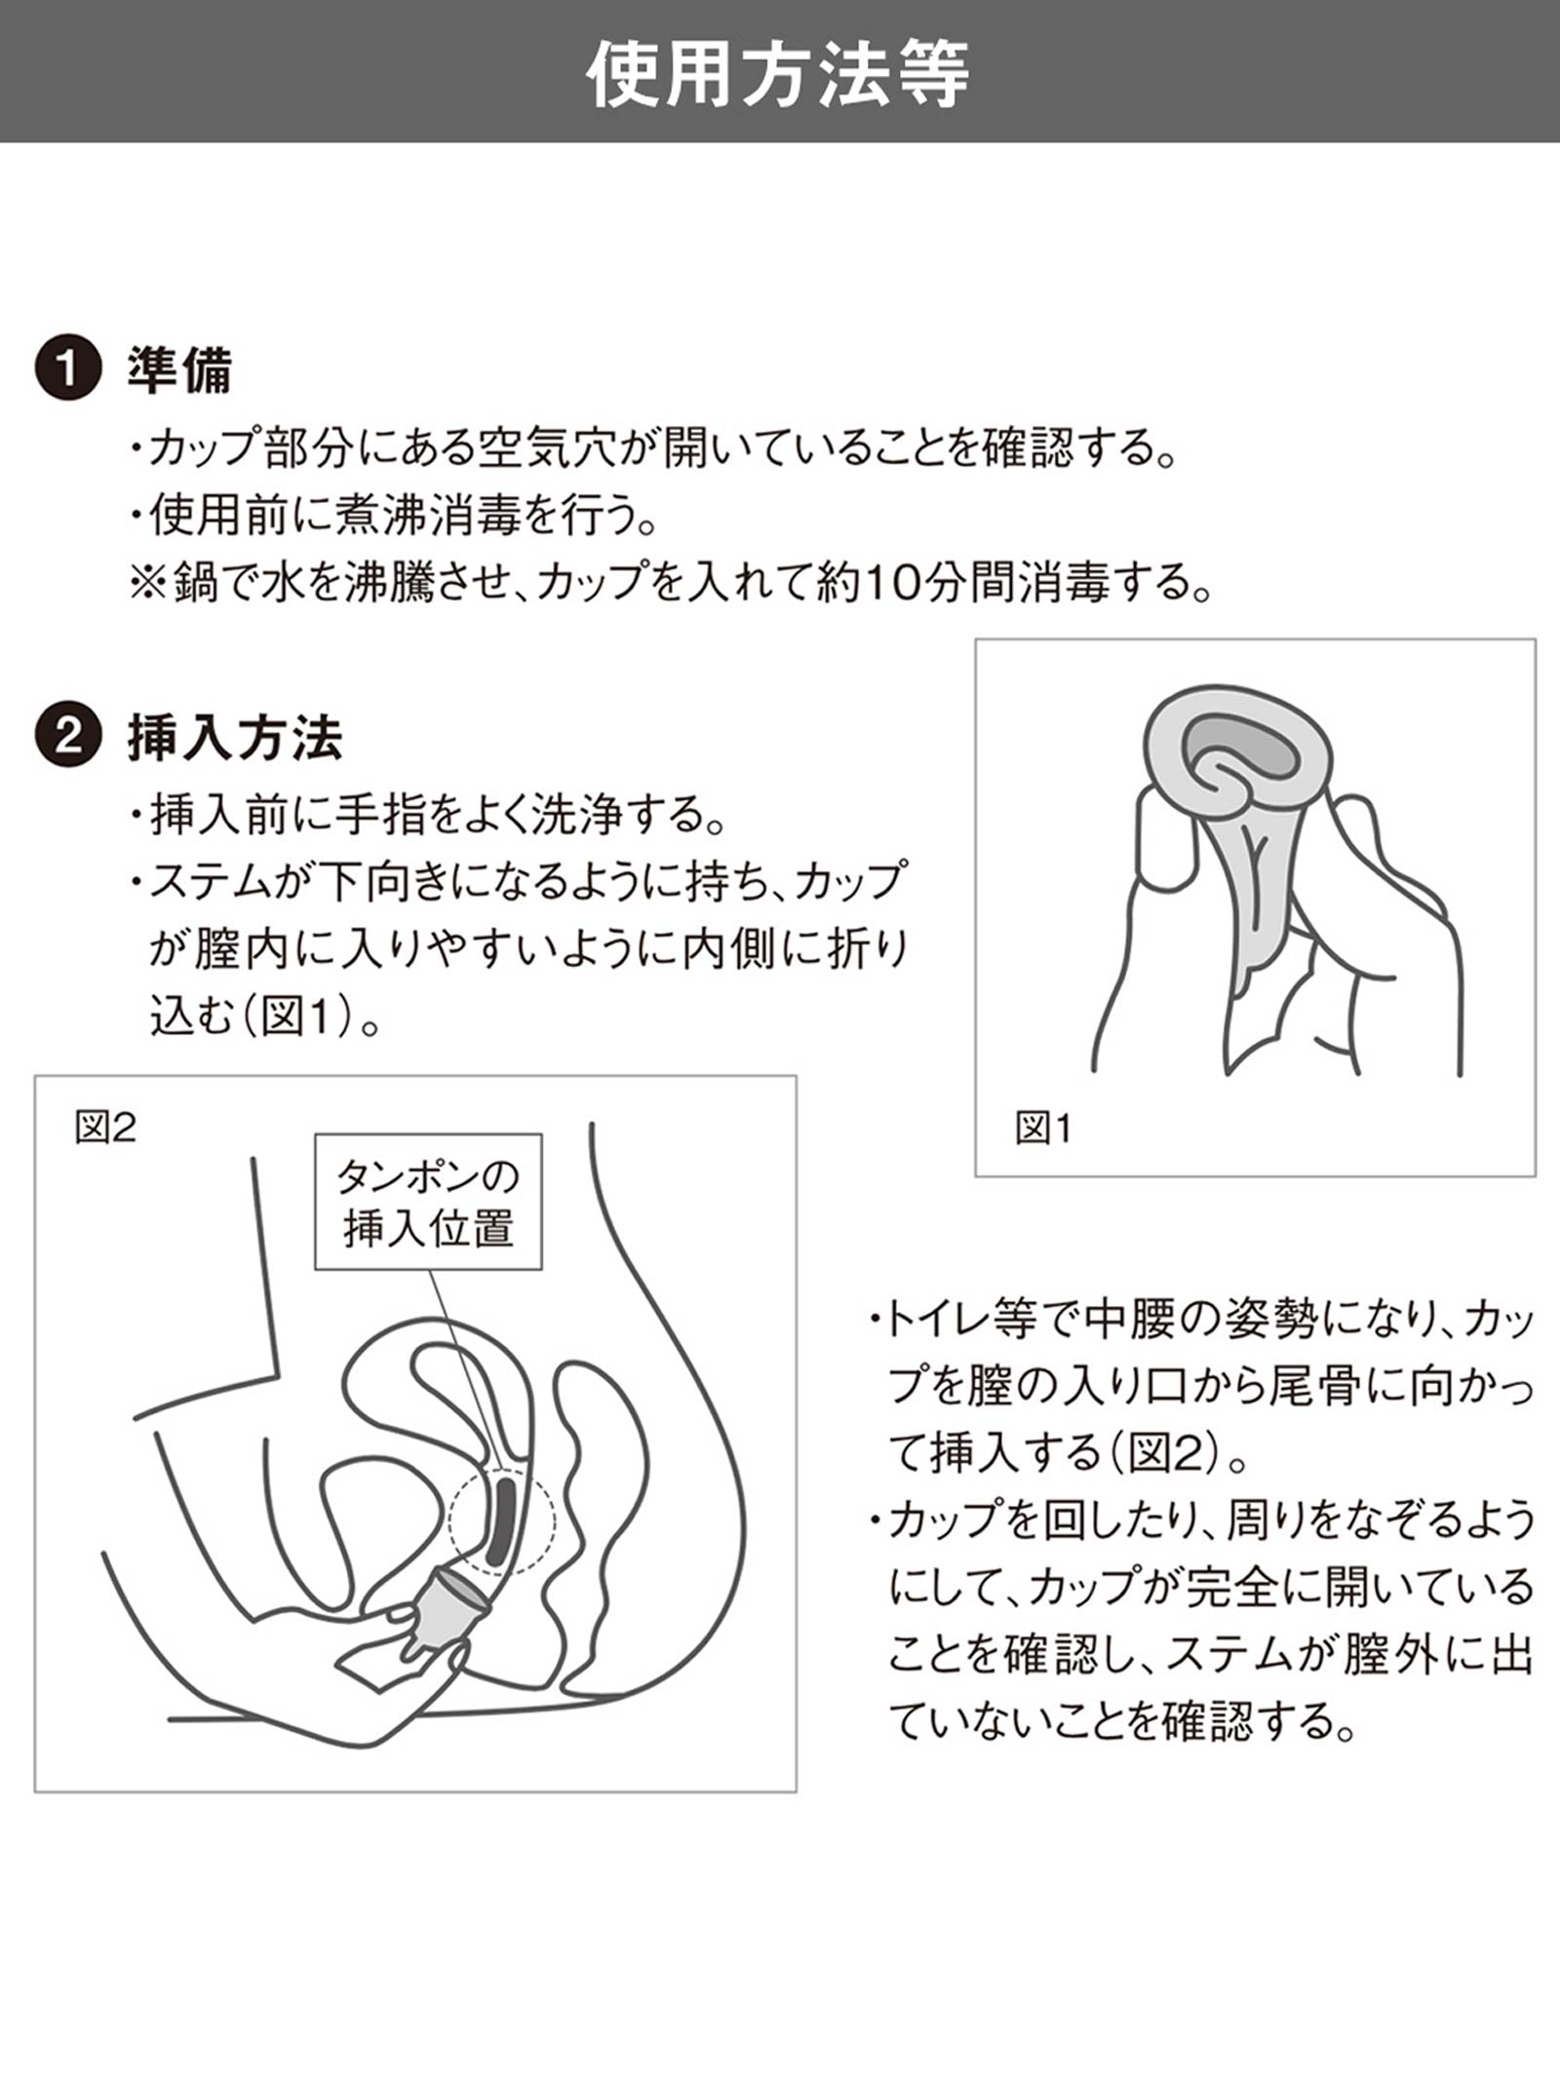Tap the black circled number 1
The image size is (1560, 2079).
coord(67,371)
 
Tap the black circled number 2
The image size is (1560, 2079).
coord(67,737)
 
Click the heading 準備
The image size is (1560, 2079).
coord(180,371)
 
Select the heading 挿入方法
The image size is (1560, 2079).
coord(235,738)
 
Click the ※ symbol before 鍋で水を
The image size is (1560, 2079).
coord(149,584)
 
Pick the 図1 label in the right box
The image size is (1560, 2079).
coord(1042,1129)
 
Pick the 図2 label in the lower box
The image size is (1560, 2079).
coord(105,1128)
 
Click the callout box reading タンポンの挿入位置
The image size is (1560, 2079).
coord(427,1202)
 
